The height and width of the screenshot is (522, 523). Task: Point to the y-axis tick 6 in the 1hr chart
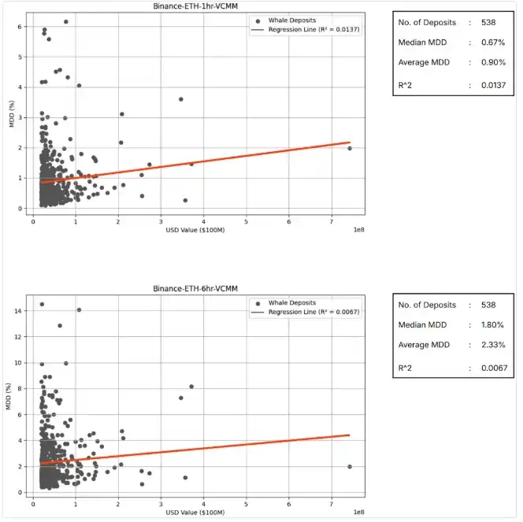(20, 26)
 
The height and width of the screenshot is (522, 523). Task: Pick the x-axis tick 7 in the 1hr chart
(332, 221)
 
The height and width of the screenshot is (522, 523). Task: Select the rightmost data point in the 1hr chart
(350, 148)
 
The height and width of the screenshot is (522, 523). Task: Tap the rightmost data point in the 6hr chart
(350, 466)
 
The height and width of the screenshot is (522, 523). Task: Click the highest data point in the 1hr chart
(65, 22)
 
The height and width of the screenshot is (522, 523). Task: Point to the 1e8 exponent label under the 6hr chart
(356, 513)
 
